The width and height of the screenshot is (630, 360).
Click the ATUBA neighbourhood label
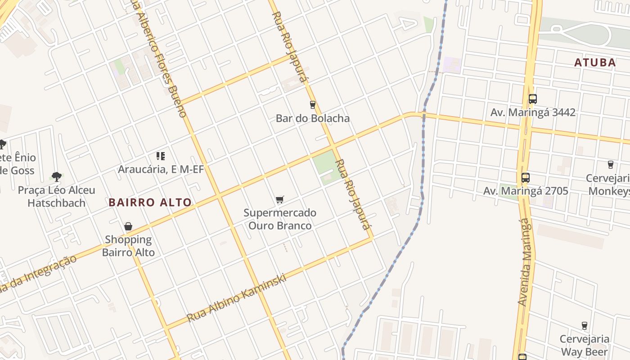(x=595, y=63)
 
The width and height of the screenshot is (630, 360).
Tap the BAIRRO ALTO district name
(x=150, y=202)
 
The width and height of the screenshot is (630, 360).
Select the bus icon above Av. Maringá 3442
(x=533, y=99)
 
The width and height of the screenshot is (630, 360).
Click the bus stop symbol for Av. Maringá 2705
(x=526, y=178)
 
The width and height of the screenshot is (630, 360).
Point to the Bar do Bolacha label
(x=313, y=118)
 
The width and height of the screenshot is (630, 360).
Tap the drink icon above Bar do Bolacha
(x=313, y=105)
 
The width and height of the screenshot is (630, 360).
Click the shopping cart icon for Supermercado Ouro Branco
(x=280, y=199)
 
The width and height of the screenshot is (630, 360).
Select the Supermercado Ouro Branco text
(x=280, y=219)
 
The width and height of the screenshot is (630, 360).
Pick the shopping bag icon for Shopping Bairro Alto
(x=128, y=226)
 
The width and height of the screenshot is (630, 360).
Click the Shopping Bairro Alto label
(x=128, y=246)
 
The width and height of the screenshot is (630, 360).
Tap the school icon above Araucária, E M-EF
(x=161, y=156)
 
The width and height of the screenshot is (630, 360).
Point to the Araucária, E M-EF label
(x=161, y=170)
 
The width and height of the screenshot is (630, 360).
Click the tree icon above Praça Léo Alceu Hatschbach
(x=57, y=176)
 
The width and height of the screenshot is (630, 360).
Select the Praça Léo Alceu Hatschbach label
(x=57, y=197)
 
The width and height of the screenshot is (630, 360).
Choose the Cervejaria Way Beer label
(x=585, y=345)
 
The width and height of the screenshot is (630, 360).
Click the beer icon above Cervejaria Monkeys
(x=611, y=165)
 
